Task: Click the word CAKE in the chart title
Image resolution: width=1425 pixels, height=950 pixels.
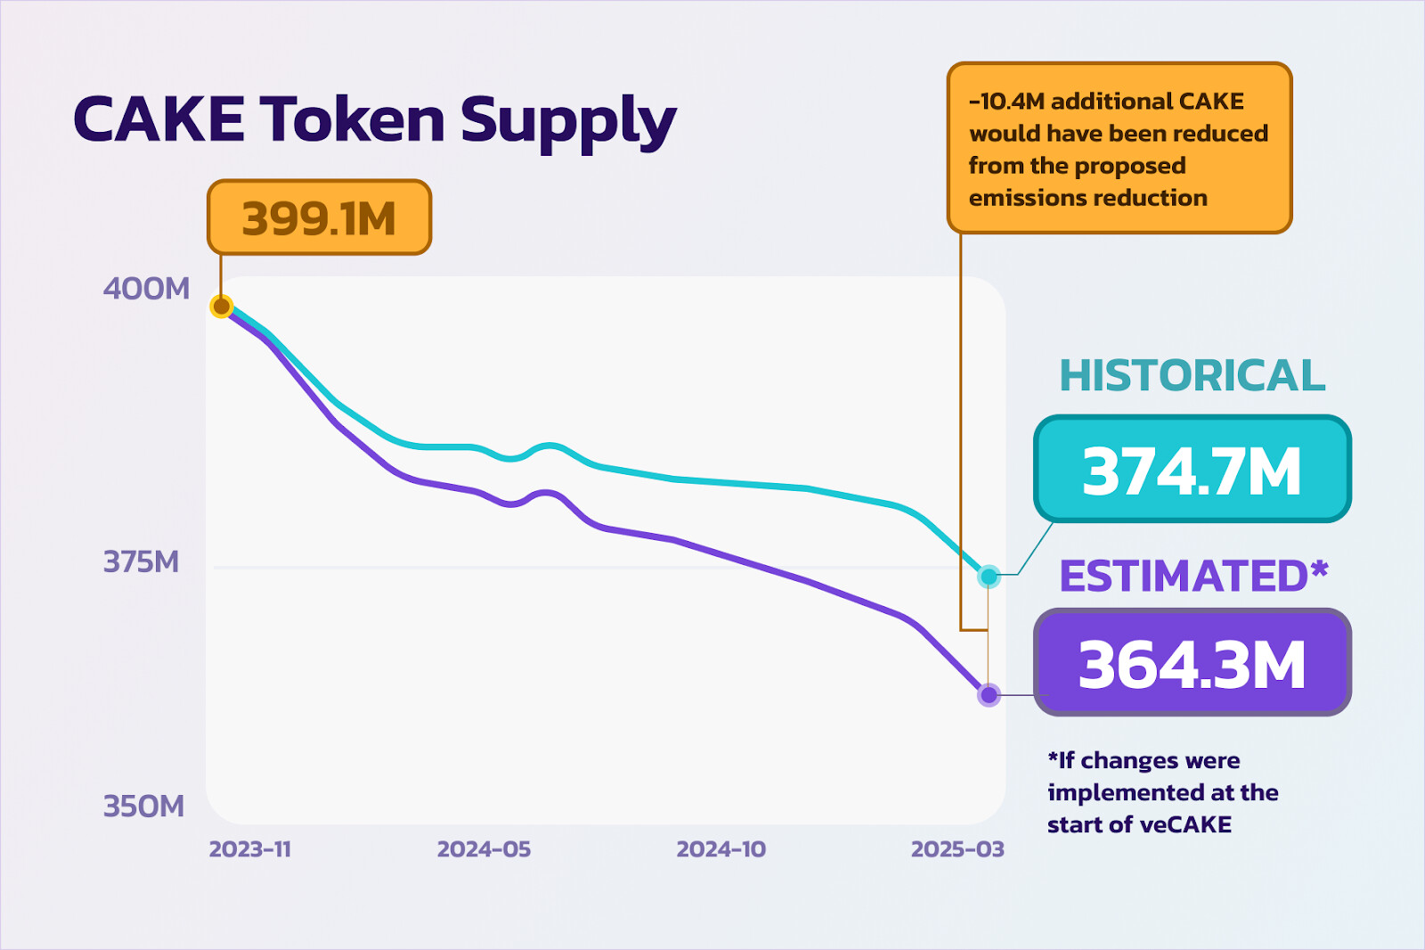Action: coord(159,119)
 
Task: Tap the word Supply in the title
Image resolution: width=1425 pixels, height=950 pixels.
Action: coord(568,123)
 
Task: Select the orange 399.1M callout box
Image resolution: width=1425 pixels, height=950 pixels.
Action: coord(319,217)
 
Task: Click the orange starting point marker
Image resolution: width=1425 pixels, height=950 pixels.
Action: coord(221,307)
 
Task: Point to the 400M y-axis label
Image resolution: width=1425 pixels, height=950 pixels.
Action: coord(146,289)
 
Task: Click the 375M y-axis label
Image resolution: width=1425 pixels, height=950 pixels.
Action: coord(141,562)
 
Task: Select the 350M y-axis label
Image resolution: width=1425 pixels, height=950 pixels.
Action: coord(143,807)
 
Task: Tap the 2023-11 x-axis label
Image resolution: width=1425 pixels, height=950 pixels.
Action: coord(250,849)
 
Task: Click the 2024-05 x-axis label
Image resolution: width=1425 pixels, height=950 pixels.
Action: coord(484,849)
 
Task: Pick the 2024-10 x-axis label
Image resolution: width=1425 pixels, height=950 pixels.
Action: coord(721,849)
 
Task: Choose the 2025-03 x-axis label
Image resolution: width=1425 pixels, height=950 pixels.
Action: coord(957,849)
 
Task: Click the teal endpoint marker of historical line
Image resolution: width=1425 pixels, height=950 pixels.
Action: coord(989,577)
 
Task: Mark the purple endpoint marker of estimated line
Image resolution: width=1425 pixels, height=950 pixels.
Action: coord(989,694)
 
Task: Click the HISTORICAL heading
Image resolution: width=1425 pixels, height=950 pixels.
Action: coord(1192,375)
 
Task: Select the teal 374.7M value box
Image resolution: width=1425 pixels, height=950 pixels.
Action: coord(1192,470)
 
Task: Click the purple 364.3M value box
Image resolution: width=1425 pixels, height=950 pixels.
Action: coord(1192,663)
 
